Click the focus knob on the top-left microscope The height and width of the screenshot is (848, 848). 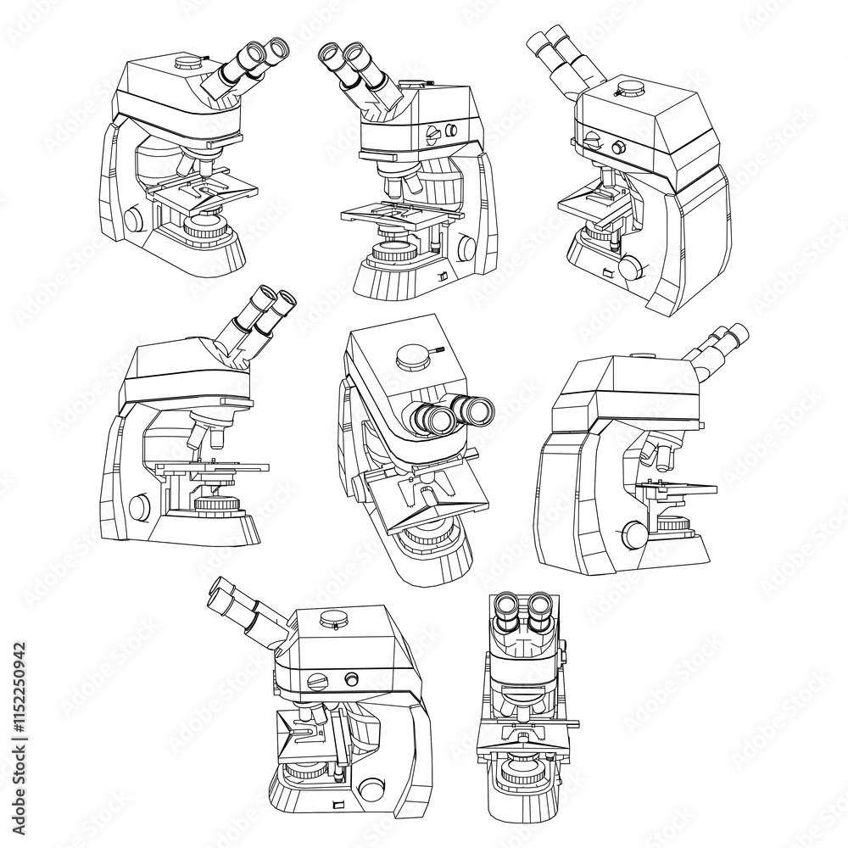tap(134, 218)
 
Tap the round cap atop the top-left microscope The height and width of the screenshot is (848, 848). tap(188, 61)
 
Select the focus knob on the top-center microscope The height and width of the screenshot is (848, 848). tap(467, 248)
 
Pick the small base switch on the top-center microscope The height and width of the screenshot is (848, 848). tap(441, 276)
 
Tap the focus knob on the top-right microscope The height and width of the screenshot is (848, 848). tap(630, 268)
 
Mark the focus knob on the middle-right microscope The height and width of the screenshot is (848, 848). tap(633, 534)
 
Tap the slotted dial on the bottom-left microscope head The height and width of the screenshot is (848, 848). tap(320, 680)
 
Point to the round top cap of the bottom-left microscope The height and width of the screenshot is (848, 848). tap(334, 621)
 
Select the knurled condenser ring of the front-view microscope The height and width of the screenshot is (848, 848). tap(521, 769)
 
